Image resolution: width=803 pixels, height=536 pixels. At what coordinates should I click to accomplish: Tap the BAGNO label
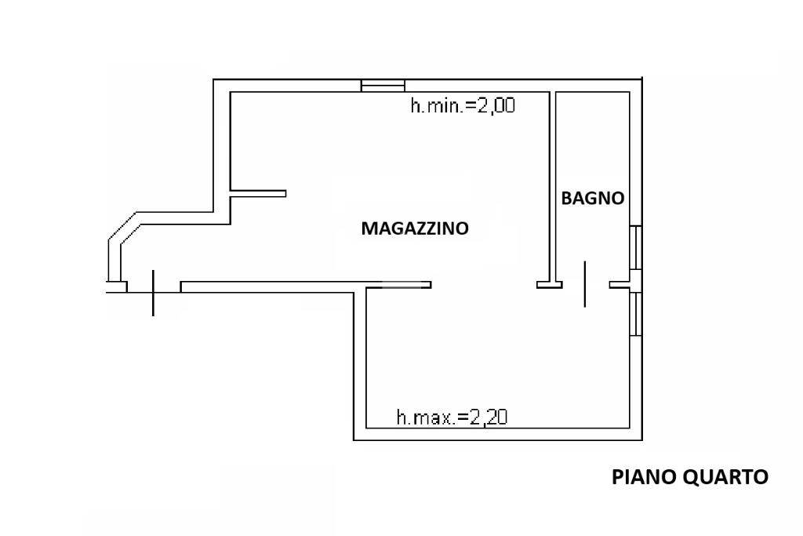pos(593,199)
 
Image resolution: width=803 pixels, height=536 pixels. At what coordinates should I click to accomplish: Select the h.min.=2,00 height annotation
pos(463,105)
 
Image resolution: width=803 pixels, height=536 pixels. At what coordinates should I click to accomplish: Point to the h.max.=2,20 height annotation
pos(452,417)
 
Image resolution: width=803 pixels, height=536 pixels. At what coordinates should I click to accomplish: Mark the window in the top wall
pos(383,86)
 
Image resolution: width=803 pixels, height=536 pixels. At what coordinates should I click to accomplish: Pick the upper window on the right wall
pos(638,248)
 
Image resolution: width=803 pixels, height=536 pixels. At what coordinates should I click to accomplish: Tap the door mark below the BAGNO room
pos(585,284)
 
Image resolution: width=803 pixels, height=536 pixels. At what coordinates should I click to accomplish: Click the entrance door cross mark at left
pos(153,292)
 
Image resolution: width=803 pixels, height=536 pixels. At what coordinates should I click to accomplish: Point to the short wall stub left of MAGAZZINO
pos(259,193)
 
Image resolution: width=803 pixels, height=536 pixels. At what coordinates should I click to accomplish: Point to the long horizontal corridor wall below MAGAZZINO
pos(306,286)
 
